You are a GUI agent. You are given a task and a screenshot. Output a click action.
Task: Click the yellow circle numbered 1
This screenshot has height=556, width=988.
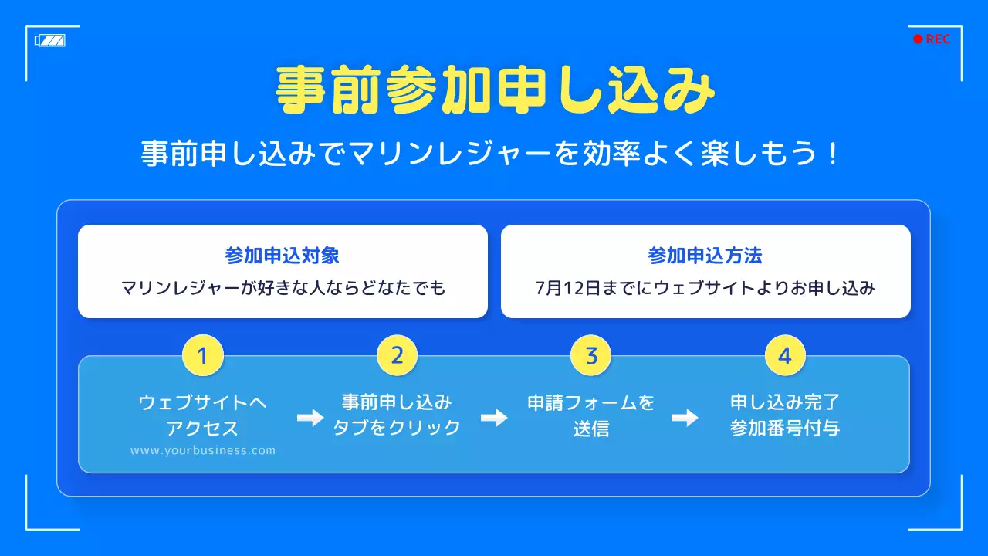pyautogui.click(x=203, y=356)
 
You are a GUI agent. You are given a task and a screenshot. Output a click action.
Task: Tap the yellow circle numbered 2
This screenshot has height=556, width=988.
pyautogui.click(x=397, y=356)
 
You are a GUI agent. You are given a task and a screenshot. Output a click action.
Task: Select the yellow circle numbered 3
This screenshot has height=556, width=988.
pyautogui.click(x=591, y=356)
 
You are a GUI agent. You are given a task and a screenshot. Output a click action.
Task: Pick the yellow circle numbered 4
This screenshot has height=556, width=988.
pyautogui.click(x=785, y=356)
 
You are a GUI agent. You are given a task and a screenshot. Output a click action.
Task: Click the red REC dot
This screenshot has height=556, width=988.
pyautogui.click(x=918, y=39)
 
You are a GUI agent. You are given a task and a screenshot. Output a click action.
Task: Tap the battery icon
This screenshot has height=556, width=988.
pyautogui.click(x=50, y=40)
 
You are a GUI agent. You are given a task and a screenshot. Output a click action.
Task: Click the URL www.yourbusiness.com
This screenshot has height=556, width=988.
pyautogui.click(x=203, y=450)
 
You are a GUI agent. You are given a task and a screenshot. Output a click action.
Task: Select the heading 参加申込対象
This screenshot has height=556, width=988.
pyautogui.click(x=283, y=256)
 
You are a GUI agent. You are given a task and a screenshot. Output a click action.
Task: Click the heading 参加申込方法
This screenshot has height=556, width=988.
pyautogui.click(x=705, y=256)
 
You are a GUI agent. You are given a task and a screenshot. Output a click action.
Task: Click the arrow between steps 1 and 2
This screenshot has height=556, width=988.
pyautogui.click(x=310, y=418)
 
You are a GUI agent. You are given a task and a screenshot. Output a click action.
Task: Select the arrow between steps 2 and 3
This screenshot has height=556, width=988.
pyautogui.click(x=494, y=418)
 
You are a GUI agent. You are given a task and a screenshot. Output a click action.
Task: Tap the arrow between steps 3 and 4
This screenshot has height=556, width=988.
pyautogui.click(x=685, y=418)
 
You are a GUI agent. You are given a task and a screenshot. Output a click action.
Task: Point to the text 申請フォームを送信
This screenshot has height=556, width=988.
pyautogui.click(x=591, y=415)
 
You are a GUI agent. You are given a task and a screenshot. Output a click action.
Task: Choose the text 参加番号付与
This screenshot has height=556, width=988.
pyautogui.click(x=785, y=428)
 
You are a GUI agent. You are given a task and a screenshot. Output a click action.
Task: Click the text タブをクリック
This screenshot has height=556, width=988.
pyautogui.click(x=397, y=428)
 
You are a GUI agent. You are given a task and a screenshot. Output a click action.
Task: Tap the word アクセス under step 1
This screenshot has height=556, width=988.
pyautogui.click(x=203, y=428)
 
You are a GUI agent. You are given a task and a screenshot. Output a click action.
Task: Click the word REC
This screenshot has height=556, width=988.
pyautogui.click(x=938, y=39)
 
